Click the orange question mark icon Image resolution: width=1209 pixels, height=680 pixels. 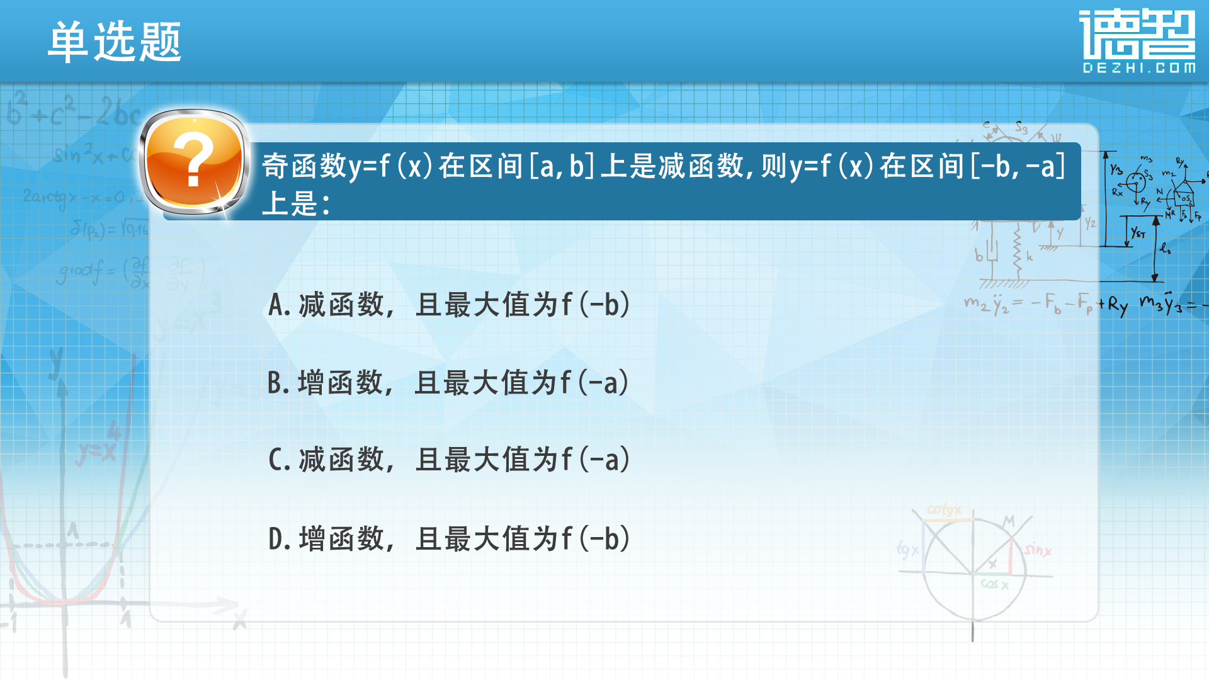pyautogui.click(x=194, y=162)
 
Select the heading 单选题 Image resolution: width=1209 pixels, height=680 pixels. pyautogui.click(x=115, y=42)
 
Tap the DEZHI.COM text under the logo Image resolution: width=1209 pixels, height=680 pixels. pyautogui.click(x=1138, y=68)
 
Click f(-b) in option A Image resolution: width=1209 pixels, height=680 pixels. pyautogui.click(x=596, y=305)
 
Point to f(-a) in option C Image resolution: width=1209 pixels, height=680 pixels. pyautogui.click(x=596, y=460)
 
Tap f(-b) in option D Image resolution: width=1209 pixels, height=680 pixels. pyautogui.click(x=596, y=539)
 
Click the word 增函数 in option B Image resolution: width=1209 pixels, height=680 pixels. pyautogui.click(x=340, y=383)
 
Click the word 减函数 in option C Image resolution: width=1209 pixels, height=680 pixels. pyautogui.click(x=341, y=460)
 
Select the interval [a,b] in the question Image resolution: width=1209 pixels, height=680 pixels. pyautogui.click(x=562, y=166)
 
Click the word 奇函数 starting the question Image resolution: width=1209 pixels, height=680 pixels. pyautogui.click(x=305, y=166)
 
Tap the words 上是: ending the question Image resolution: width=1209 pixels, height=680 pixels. pyautogui.click(x=295, y=203)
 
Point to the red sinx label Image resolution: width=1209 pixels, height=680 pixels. pyautogui.click(x=1037, y=550)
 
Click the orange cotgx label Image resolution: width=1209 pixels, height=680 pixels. pyautogui.click(x=944, y=509)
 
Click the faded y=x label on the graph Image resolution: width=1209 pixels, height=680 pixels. pyautogui.click(x=96, y=453)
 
